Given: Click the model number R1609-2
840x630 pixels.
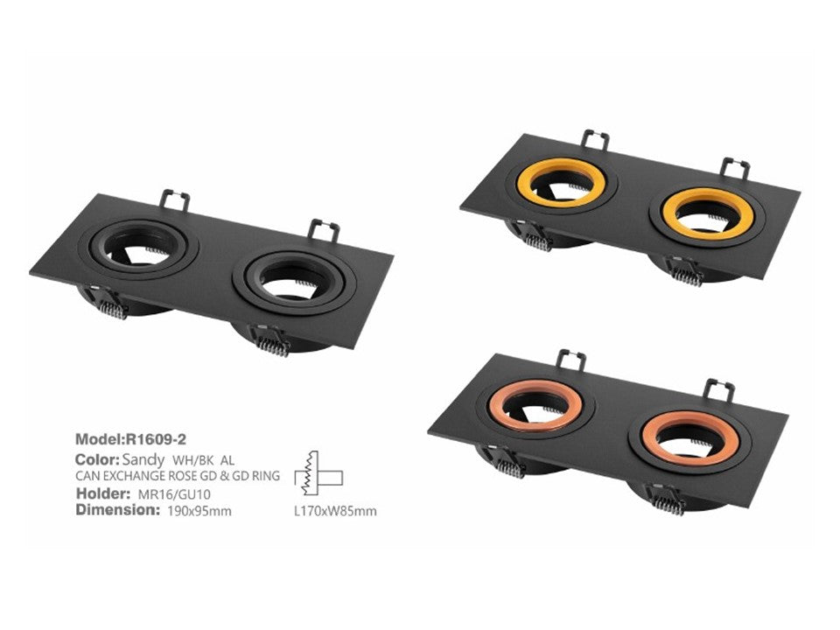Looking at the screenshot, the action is coord(156,440).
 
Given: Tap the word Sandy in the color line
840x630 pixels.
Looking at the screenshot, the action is coord(143,460).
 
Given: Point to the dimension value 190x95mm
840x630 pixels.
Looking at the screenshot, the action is coord(199,511).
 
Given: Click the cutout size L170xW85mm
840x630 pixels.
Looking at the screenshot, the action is coord(335,511).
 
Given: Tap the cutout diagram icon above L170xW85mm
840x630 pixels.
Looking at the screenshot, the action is coord(318,473).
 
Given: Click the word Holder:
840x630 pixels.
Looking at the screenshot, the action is coord(103,493).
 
